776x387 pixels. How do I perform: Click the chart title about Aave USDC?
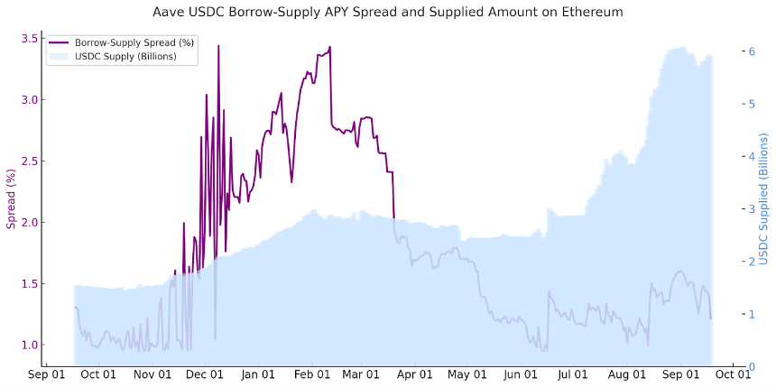(388, 13)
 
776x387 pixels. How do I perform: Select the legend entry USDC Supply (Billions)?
(125, 56)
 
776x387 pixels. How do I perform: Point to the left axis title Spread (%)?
(12, 199)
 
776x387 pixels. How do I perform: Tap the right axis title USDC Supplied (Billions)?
(762, 200)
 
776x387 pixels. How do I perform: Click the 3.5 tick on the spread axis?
(28, 39)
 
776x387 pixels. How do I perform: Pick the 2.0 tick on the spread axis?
(28, 222)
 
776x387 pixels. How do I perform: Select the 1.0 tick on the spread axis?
(28, 345)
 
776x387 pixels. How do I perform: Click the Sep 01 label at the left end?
(46, 374)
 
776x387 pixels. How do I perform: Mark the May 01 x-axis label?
(467, 374)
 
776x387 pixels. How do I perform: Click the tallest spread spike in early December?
(218, 46)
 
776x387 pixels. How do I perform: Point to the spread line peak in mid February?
(330, 47)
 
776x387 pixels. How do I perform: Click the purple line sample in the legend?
(59, 43)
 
